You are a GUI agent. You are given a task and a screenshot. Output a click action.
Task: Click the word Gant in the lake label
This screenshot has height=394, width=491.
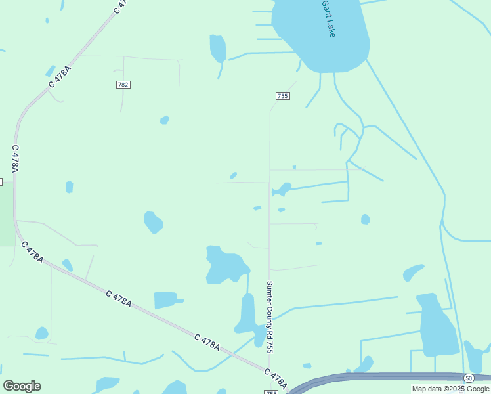point(326,8)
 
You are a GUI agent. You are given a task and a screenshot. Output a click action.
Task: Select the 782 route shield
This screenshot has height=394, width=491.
point(123,85)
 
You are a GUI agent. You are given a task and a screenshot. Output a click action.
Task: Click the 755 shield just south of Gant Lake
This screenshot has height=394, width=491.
point(282,96)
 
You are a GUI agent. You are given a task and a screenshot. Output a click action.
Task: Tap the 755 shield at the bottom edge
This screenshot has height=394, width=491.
point(272,392)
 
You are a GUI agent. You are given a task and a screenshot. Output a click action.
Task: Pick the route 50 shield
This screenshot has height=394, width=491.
point(469,378)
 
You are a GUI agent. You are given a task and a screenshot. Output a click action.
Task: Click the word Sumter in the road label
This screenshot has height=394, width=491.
point(269,292)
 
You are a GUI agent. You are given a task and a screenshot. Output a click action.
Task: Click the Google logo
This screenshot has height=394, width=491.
point(22,386)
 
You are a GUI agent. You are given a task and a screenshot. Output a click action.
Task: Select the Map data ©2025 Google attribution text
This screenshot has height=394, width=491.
point(450,389)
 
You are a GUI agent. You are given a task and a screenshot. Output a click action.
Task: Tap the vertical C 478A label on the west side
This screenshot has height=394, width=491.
point(14,159)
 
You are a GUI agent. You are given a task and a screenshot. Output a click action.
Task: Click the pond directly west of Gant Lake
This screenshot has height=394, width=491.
point(218,49)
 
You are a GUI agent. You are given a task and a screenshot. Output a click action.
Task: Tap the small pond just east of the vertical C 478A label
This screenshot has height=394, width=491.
point(69,187)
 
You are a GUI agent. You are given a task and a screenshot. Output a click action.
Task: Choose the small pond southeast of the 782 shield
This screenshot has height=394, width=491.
point(164,120)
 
